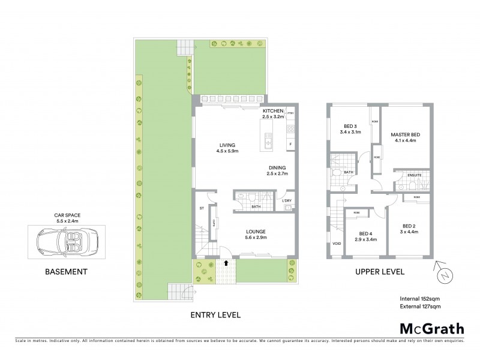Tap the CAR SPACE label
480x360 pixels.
[67, 215]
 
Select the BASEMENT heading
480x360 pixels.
[67, 271]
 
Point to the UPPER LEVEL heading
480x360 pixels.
[380, 271]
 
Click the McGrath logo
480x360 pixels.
[431, 328]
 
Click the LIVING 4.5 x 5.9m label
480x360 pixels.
[227, 148]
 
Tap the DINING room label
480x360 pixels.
[277, 170]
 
